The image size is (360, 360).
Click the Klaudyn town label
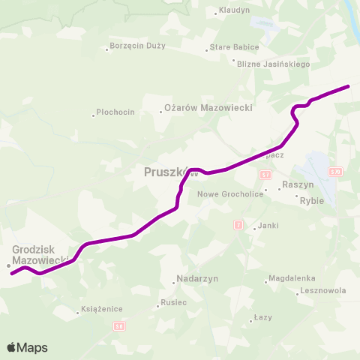click(x=233, y=11)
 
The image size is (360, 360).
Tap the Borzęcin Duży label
click(x=136, y=46)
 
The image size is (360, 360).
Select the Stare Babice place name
click(x=235, y=47)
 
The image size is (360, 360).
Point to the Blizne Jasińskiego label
click(x=273, y=64)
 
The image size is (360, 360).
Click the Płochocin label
click(x=116, y=112)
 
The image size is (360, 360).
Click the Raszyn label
click(x=298, y=184)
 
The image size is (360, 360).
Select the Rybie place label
click(x=311, y=201)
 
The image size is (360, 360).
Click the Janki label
click(x=268, y=226)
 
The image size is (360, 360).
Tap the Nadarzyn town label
click(x=197, y=278)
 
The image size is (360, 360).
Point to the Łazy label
click(x=262, y=318)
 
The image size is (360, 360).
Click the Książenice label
click(x=103, y=308)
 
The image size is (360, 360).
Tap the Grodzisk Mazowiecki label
click(x=41, y=254)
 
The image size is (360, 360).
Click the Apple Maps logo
click(x=27, y=347)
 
